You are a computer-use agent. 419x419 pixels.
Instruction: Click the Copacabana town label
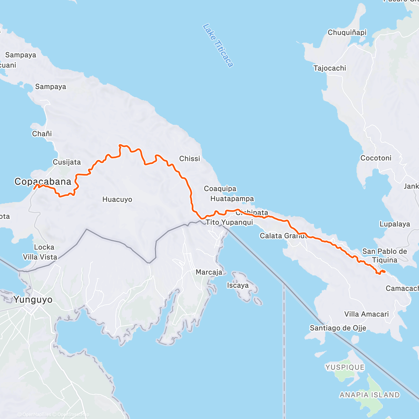click(x=43, y=181)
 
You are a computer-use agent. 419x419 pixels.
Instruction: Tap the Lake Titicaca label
click(x=218, y=45)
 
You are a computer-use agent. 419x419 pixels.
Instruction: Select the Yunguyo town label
click(x=33, y=300)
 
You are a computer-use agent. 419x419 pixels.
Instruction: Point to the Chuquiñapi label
click(x=347, y=32)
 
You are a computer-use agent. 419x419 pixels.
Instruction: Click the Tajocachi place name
click(x=330, y=68)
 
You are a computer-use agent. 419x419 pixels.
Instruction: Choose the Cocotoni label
click(x=376, y=158)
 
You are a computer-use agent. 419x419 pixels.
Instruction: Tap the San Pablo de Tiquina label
click(x=384, y=256)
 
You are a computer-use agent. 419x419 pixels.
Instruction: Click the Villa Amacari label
click(x=366, y=314)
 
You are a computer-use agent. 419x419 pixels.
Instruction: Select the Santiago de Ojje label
click(x=338, y=328)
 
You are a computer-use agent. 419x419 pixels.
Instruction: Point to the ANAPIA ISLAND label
click(x=369, y=395)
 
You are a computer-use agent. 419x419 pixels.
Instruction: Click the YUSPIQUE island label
click(x=345, y=367)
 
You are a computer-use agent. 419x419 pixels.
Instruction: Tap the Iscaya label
click(x=238, y=285)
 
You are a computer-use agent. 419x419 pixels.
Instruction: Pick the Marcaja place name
click(x=209, y=272)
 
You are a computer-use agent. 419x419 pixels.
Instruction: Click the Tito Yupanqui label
click(x=229, y=222)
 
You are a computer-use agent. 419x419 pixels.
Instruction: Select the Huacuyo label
click(x=117, y=199)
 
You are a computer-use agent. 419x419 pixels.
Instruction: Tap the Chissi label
click(x=190, y=159)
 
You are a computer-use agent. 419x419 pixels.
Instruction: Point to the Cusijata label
click(x=67, y=162)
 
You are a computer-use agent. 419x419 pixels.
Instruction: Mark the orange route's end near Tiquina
click(x=384, y=271)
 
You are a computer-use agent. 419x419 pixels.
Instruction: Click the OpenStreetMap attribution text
click(x=73, y=414)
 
